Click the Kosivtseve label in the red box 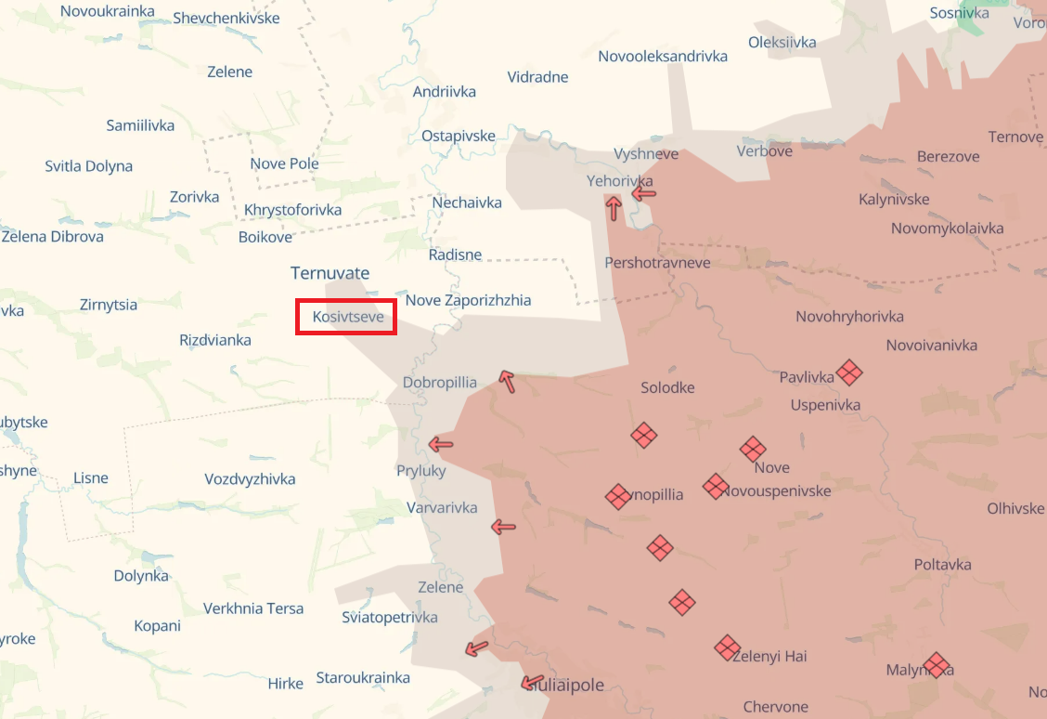point(347,317)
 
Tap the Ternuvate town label point(330,273)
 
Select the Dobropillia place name point(439,383)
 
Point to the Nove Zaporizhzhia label point(468,300)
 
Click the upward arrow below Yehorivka point(614,207)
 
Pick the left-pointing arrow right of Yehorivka point(643,193)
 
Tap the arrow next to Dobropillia point(506,379)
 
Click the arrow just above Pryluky point(441,444)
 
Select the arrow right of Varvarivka point(503,527)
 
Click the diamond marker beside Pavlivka point(848,373)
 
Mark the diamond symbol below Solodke point(644,434)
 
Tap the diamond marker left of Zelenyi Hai point(727,647)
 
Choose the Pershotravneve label point(657,263)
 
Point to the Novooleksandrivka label point(662,57)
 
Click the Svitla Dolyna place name point(88,167)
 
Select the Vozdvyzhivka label point(250,479)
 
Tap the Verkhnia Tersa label point(253,608)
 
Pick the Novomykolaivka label point(947,229)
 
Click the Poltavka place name point(942,565)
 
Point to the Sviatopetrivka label point(389,618)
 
